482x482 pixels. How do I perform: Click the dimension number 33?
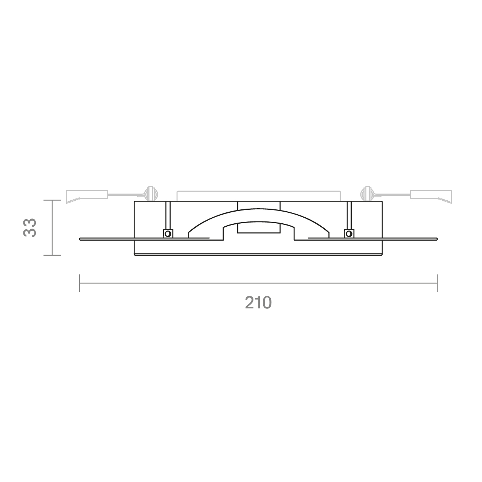pos(30,227)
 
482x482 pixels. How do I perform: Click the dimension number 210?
pos(258,302)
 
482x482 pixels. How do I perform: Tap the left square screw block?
pos(168,233)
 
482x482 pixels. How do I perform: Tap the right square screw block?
pos(349,233)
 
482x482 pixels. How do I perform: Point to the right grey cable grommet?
pos(366,194)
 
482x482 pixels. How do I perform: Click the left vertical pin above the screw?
pos(168,215)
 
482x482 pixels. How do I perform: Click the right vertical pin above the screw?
pos(349,215)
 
